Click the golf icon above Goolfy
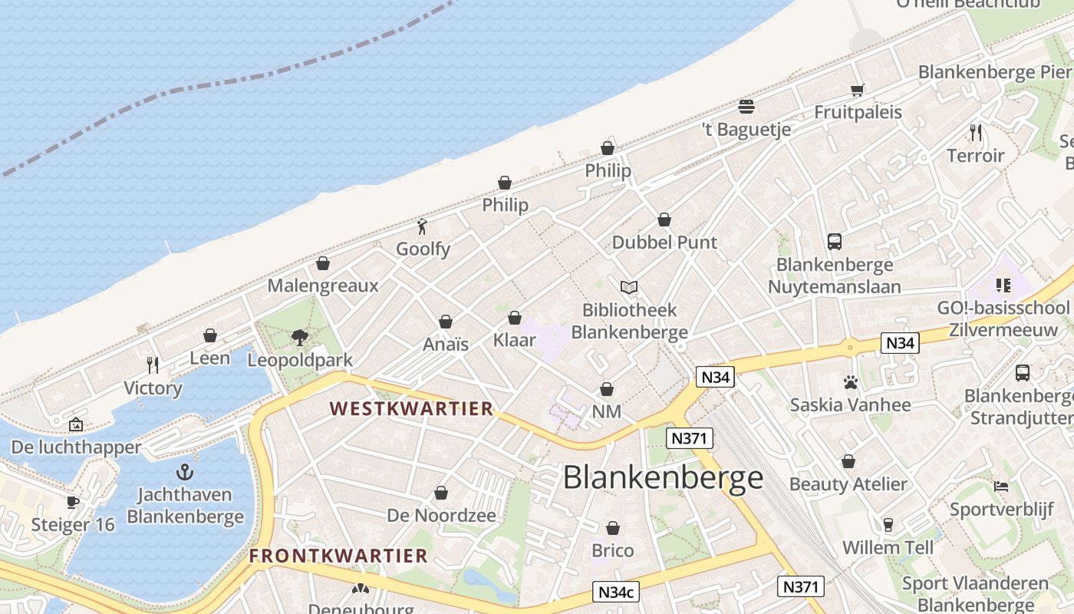tap(422, 226)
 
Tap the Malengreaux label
tap(323, 286)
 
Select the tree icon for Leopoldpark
tap(300, 337)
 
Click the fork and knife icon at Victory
tap(153, 365)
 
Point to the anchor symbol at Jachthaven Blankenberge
tap(185, 471)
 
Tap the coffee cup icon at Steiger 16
tap(73, 502)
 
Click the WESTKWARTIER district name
tap(411, 408)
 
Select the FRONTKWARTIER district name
tap(338, 556)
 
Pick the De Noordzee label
tap(441, 516)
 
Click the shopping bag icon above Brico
tap(612, 528)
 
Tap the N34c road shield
tap(617, 592)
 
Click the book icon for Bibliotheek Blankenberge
tap(629, 287)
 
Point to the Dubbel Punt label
tap(664, 243)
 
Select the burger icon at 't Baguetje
tap(746, 106)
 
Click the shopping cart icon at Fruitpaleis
tap(858, 90)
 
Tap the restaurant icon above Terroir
tap(975, 133)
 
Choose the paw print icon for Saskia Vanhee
tap(850, 381)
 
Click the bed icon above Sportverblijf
tap(1000, 487)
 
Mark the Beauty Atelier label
tap(848, 484)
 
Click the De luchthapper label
tap(76, 447)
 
